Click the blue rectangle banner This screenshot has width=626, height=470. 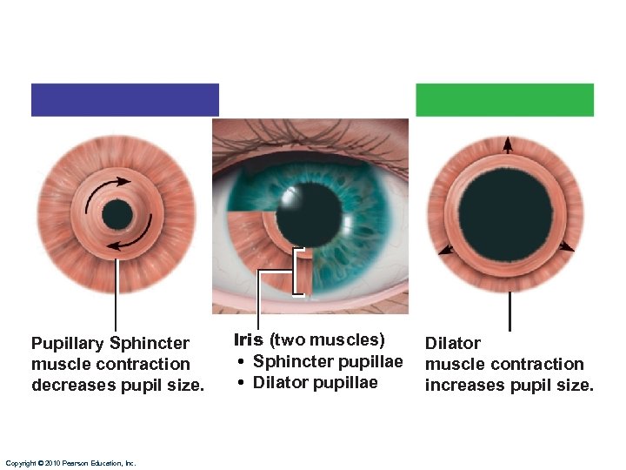(x=124, y=99)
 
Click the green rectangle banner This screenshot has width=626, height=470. (x=504, y=99)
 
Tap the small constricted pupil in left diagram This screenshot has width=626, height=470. (x=117, y=214)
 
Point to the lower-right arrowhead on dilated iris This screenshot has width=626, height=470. (x=567, y=247)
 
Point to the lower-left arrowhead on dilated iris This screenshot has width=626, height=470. (x=446, y=250)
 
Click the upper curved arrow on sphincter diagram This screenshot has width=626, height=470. (x=110, y=185)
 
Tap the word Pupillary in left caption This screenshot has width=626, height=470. (x=66, y=344)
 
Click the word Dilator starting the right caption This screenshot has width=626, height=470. (x=452, y=344)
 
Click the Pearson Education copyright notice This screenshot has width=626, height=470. (x=70, y=464)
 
